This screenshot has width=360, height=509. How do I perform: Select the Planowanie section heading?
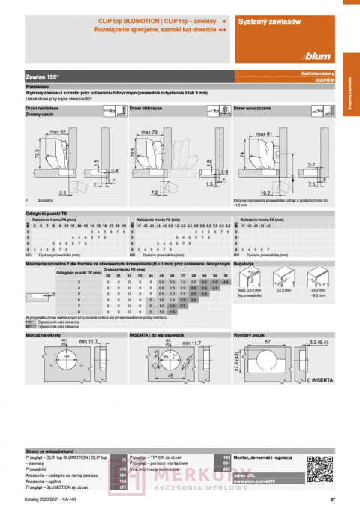tap(37, 87)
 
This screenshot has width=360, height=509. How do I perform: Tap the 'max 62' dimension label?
tap(57, 132)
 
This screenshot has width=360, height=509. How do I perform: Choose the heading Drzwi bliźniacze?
tap(147, 109)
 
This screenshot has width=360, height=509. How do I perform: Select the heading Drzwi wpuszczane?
tap(253, 109)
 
